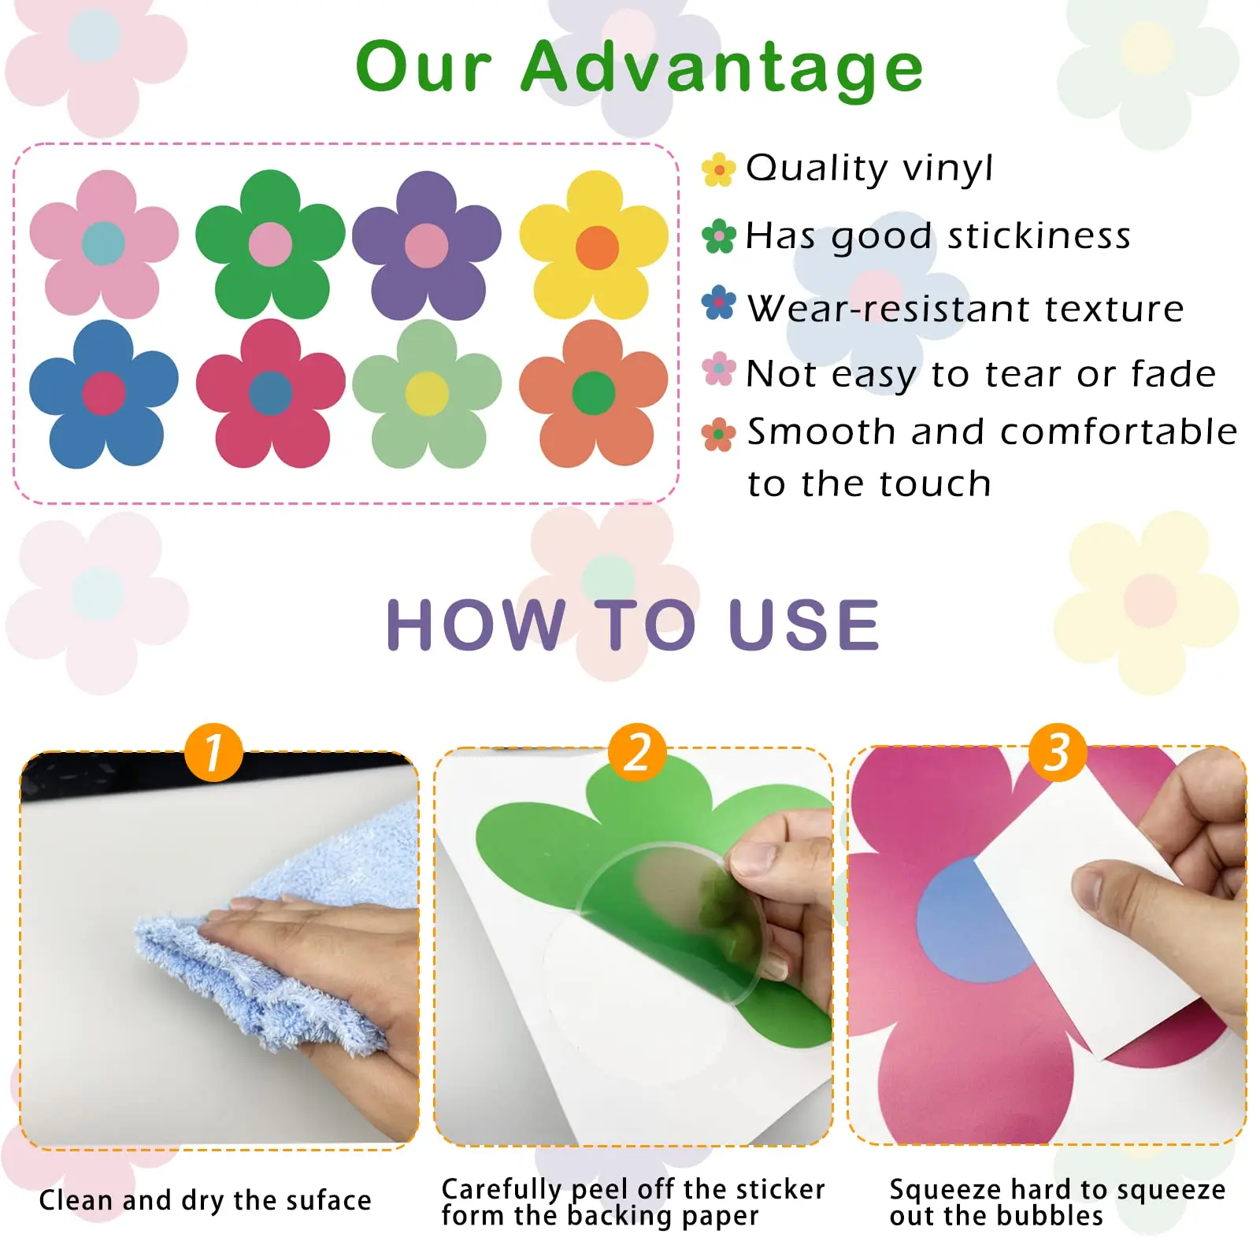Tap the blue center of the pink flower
point(103,243)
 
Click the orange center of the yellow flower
point(597,247)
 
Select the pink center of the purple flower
point(426,245)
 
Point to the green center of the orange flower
point(593,392)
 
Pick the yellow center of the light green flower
point(427,393)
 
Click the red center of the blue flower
point(104,393)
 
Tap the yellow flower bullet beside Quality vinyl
point(718,169)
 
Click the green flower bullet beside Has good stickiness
point(718,236)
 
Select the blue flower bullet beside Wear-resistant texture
point(718,303)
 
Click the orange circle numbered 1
point(213,752)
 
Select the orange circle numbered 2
point(637,752)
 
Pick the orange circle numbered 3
point(1058,752)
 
